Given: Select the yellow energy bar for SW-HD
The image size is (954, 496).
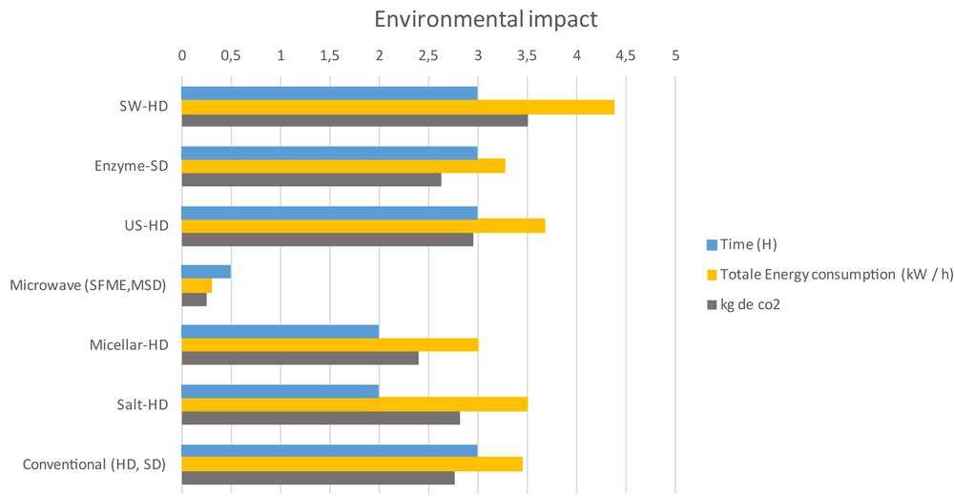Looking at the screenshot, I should pyautogui.click(x=398, y=107).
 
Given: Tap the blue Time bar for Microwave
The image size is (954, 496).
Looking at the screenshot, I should pyautogui.click(x=206, y=272).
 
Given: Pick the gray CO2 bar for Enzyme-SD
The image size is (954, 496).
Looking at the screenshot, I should pyautogui.click(x=311, y=179).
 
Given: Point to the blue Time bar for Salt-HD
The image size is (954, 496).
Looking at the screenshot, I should pyautogui.click(x=280, y=391).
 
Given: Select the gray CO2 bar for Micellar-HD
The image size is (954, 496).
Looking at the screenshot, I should pyautogui.click(x=300, y=358).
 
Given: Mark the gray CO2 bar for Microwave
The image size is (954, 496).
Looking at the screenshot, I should pyautogui.click(x=194, y=299).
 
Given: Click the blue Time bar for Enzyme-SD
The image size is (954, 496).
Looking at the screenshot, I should pyautogui.click(x=329, y=153).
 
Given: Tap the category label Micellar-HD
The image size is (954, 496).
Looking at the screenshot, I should pyautogui.click(x=124, y=344).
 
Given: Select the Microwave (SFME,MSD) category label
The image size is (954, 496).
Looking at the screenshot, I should pyautogui.click(x=88, y=285).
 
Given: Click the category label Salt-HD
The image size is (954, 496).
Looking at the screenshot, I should pyautogui.click(x=140, y=404).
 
